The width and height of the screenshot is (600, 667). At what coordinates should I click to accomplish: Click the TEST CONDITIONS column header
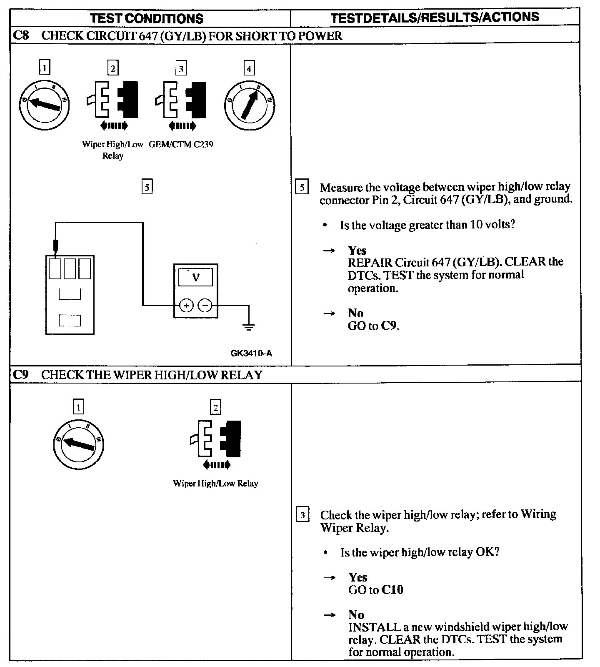click(x=147, y=18)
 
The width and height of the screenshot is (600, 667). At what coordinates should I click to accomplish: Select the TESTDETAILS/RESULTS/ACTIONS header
click(x=435, y=18)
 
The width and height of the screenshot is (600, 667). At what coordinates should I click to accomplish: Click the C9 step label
click(x=21, y=375)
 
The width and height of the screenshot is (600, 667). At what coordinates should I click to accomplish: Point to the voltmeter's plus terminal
click(x=186, y=306)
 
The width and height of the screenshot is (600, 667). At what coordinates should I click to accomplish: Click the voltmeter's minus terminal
click(x=205, y=306)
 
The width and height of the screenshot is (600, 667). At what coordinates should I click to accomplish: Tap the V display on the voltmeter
click(x=195, y=277)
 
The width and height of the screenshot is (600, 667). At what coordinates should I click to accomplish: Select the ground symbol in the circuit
click(x=249, y=326)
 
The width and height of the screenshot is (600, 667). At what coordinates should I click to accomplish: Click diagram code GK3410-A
click(x=251, y=354)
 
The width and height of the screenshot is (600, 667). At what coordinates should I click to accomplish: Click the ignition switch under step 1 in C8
click(x=44, y=104)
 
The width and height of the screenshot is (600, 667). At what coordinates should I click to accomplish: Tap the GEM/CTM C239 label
click(x=181, y=145)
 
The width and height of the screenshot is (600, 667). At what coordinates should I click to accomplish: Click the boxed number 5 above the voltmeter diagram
click(x=147, y=187)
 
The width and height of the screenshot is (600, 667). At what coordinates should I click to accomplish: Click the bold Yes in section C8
click(x=357, y=250)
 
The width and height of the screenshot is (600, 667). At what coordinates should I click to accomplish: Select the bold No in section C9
click(x=356, y=614)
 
